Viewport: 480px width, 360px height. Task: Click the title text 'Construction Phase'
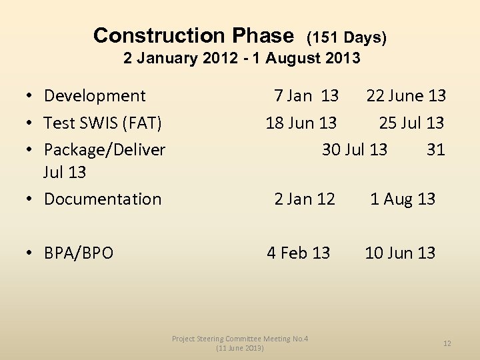(x=193, y=35)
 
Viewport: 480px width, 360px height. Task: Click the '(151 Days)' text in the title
(x=346, y=37)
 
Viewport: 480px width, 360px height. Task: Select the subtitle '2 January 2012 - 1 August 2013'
(x=242, y=58)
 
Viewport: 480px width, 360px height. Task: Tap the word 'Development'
(x=95, y=96)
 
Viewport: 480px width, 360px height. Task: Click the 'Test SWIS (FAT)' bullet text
(x=103, y=123)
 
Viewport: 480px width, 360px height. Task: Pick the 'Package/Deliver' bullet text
(x=104, y=149)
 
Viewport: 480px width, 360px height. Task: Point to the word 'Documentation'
(x=103, y=199)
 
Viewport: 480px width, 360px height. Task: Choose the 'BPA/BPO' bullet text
(x=79, y=253)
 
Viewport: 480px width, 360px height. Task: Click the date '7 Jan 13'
(x=306, y=96)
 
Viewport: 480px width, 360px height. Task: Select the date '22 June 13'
(x=406, y=96)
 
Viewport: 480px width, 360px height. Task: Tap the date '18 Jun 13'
(x=301, y=123)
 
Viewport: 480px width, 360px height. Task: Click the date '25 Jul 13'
(x=411, y=123)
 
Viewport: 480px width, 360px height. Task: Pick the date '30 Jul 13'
(x=354, y=149)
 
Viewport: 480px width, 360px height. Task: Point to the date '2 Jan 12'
(x=305, y=199)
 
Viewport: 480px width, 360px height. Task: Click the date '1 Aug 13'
(x=403, y=199)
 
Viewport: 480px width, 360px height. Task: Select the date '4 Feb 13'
(x=298, y=253)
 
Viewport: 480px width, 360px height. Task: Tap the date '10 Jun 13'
(x=399, y=253)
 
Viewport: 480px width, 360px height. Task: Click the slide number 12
(x=447, y=343)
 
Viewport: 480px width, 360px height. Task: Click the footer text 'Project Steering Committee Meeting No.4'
(x=240, y=339)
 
